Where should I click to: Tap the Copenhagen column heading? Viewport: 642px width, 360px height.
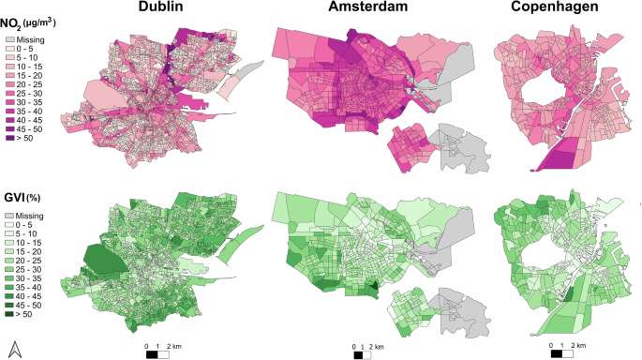coord(562,8)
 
